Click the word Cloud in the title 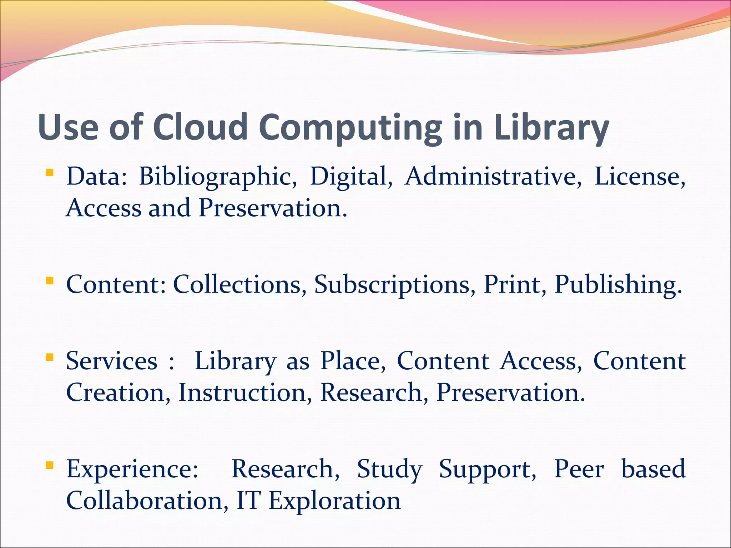pyautogui.click(x=200, y=127)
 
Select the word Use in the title pyautogui.click(x=68, y=127)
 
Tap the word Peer pyautogui.click(x=579, y=469)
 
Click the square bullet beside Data pyautogui.click(x=50, y=173)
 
